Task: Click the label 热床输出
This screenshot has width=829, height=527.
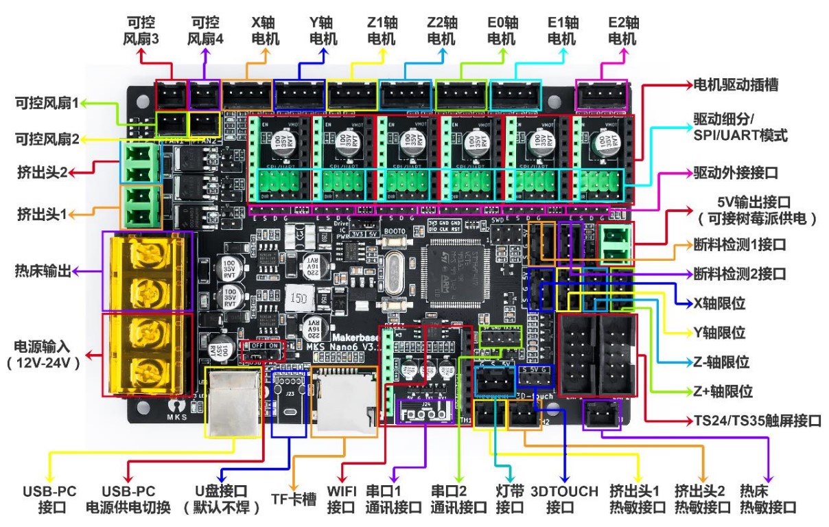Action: click(x=43, y=271)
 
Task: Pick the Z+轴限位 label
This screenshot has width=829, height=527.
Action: click(x=722, y=392)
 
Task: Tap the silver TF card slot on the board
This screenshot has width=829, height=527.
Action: click(x=343, y=402)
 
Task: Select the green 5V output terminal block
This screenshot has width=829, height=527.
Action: click(x=616, y=244)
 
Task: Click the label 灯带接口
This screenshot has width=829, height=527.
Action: click(x=509, y=500)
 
